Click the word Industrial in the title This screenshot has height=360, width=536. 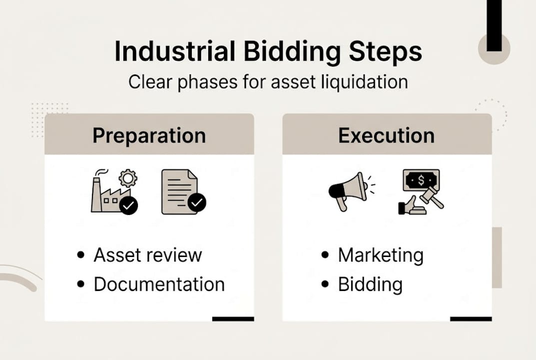click(x=175, y=52)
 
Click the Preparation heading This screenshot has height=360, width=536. click(x=149, y=135)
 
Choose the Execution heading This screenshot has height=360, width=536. click(x=386, y=135)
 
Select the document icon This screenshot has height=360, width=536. click(x=178, y=191)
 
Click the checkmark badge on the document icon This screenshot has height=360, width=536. click(x=197, y=202)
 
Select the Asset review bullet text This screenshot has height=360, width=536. click(x=148, y=255)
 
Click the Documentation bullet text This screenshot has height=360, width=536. click(x=159, y=284)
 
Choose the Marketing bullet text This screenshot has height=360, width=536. click(x=381, y=255)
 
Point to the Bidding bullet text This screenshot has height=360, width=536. click(x=370, y=284)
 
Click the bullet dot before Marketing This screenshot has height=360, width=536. click(x=325, y=255)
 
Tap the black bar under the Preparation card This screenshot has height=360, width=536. click(x=233, y=318)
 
